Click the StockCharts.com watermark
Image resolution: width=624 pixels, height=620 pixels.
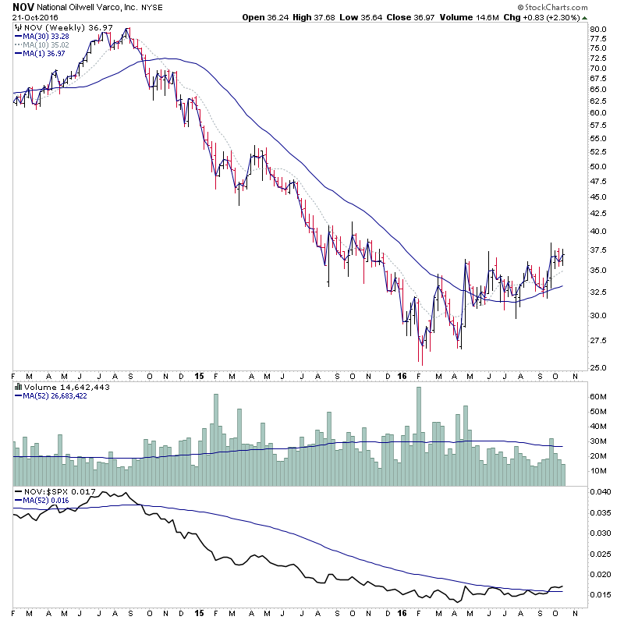[x=577, y=8]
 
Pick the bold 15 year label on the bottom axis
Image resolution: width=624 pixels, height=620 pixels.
[x=199, y=374]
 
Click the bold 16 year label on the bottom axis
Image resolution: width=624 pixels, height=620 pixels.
[x=402, y=374]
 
